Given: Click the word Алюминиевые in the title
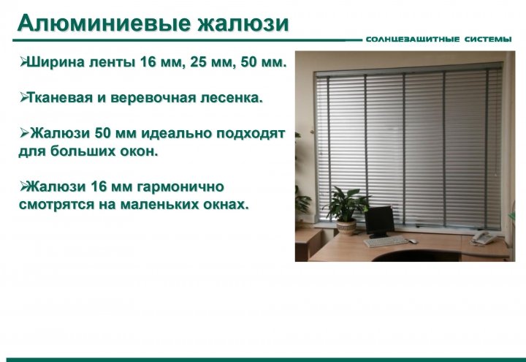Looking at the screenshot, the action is [104, 23].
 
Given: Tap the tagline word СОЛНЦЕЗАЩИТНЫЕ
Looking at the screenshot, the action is [413, 39].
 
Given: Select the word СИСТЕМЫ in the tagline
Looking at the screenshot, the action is [488, 39].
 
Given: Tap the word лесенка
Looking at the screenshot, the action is [232, 98].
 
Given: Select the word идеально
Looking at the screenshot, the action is [176, 134].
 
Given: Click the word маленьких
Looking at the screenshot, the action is [160, 204].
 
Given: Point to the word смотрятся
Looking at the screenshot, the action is [57, 205].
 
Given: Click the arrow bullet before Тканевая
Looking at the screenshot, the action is [23, 97].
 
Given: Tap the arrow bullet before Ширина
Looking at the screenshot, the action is [23, 61].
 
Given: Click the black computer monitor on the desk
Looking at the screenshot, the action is [379, 222].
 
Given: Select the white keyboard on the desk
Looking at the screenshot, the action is [386, 241].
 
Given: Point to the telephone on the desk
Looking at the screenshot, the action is [484, 238].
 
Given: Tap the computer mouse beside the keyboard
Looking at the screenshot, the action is [413, 241].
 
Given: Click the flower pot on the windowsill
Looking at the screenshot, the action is [346, 227].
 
